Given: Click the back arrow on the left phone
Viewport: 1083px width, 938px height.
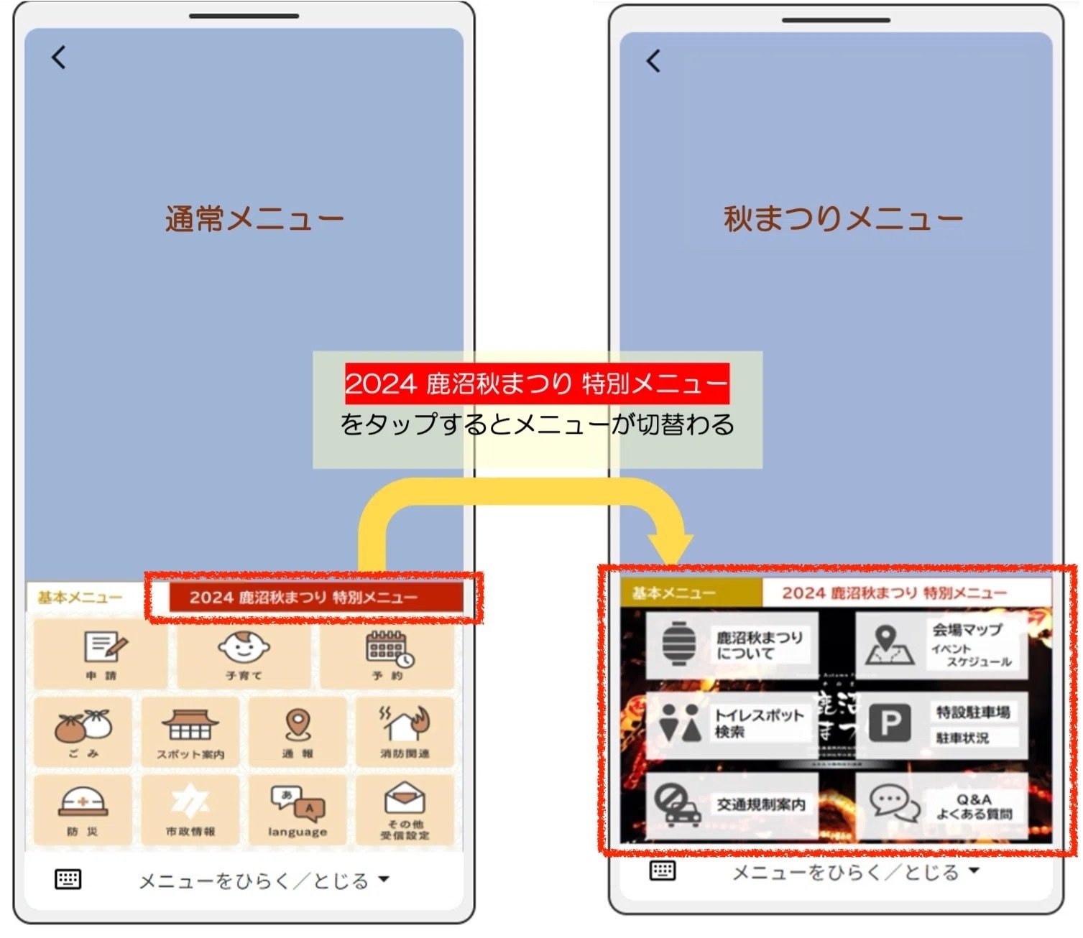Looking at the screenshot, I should (x=59, y=57).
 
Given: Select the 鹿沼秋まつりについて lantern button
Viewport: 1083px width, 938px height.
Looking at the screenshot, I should (x=732, y=645).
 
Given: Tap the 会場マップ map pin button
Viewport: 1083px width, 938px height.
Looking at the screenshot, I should (x=941, y=645).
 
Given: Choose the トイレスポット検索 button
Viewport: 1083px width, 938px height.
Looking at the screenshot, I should (x=732, y=724).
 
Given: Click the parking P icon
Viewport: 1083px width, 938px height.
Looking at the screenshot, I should (x=890, y=723).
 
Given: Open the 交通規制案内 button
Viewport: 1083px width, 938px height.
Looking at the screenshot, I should (x=732, y=804).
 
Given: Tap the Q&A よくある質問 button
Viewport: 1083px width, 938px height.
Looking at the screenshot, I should (x=941, y=804).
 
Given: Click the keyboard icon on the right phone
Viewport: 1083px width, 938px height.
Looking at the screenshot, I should (x=662, y=870).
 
